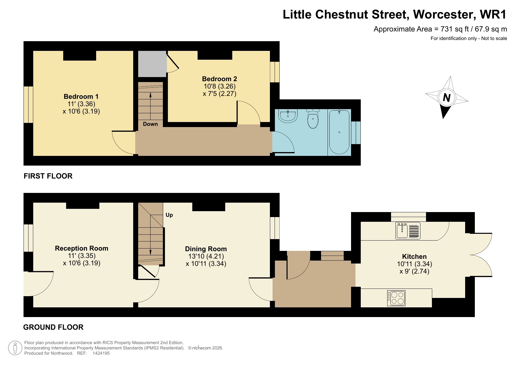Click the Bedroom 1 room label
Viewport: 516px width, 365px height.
click(x=81, y=96)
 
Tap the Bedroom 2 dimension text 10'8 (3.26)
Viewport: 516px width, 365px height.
click(x=219, y=86)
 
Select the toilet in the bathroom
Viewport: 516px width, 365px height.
click(x=313, y=119)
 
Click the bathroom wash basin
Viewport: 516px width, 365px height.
click(x=288, y=115)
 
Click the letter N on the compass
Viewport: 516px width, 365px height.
click(x=447, y=97)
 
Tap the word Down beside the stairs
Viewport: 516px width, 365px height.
click(x=150, y=124)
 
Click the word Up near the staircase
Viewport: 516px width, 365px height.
click(x=169, y=215)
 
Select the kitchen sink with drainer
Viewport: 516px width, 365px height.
click(x=408, y=231)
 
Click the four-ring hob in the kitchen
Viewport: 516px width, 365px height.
click(x=396, y=298)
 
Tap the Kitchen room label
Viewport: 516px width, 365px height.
click(x=414, y=256)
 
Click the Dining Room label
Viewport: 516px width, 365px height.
click(x=206, y=249)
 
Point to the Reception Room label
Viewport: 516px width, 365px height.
click(x=81, y=248)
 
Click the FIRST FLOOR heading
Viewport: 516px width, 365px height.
click(x=48, y=176)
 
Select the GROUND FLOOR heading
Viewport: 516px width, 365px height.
click(x=53, y=327)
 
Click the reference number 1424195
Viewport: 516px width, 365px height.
click(x=101, y=353)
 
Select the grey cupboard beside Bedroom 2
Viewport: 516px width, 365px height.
click(x=152, y=64)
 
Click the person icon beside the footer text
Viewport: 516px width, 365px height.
click(x=15, y=348)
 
